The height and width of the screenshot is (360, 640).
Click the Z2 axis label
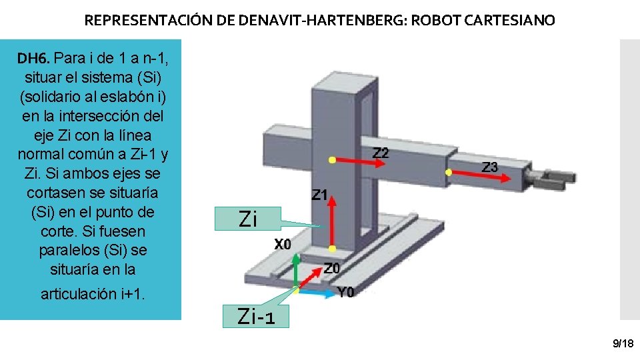[380, 153]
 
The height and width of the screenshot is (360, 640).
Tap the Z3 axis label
[489, 167]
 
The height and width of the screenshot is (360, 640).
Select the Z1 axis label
[320, 195]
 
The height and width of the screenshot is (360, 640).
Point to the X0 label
[283, 245]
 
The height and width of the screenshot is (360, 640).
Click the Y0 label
[346, 292]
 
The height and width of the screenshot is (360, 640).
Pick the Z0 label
[332, 268]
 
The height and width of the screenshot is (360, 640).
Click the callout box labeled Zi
[247, 219]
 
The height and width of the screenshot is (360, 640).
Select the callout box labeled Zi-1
[256, 317]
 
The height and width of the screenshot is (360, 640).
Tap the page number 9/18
[623, 343]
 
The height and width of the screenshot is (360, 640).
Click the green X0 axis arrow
[297, 273]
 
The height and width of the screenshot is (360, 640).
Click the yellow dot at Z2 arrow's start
[331, 160]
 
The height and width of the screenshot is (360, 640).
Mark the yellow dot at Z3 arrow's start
[449, 172]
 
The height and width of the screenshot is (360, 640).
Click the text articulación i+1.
[92, 294]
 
